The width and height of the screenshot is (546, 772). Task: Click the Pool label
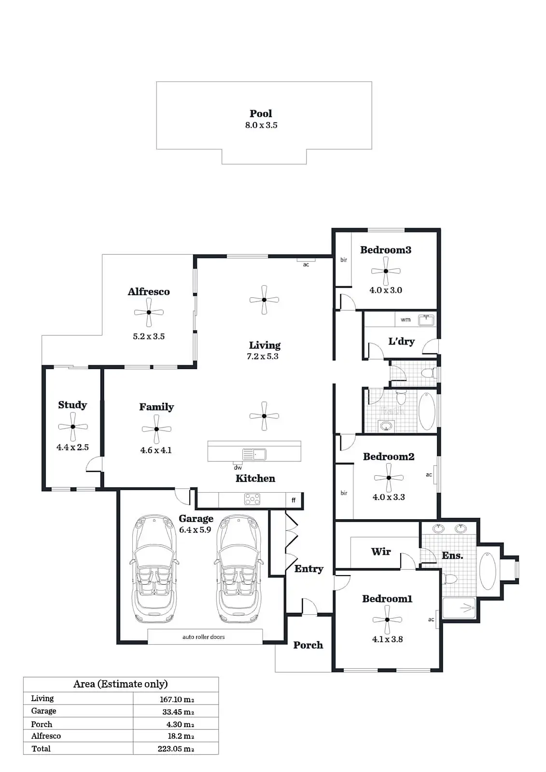[x=261, y=113]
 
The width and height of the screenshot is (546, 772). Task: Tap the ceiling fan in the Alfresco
[x=149, y=312]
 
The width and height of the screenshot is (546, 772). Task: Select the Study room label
[x=72, y=405]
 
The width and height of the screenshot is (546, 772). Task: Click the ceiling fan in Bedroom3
[x=386, y=271]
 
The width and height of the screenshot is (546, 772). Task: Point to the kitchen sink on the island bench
[x=254, y=454]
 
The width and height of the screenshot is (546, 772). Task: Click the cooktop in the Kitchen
[x=252, y=499]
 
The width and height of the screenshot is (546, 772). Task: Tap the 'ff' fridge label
[x=294, y=500]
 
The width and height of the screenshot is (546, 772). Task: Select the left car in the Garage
[x=154, y=569]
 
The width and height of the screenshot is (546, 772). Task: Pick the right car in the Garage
[x=239, y=569]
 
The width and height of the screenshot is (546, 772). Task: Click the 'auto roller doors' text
[x=204, y=637]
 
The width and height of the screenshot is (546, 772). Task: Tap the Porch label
[x=308, y=645]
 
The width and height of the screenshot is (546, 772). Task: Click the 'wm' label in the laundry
[x=406, y=319]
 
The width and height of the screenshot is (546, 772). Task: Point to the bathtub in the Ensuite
[x=488, y=571]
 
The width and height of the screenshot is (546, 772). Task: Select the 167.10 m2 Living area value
[x=177, y=699]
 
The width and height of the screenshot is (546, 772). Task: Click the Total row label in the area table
[x=41, y=749]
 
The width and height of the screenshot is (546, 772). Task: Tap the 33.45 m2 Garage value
[x=178, y=712]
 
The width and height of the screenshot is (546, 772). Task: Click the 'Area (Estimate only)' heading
[x=120, y=684]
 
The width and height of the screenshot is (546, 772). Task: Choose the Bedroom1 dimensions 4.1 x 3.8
[x=387, y=639]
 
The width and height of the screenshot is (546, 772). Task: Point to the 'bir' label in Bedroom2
[x=344, y=493]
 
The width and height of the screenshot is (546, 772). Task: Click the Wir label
[x=381, y=551]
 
